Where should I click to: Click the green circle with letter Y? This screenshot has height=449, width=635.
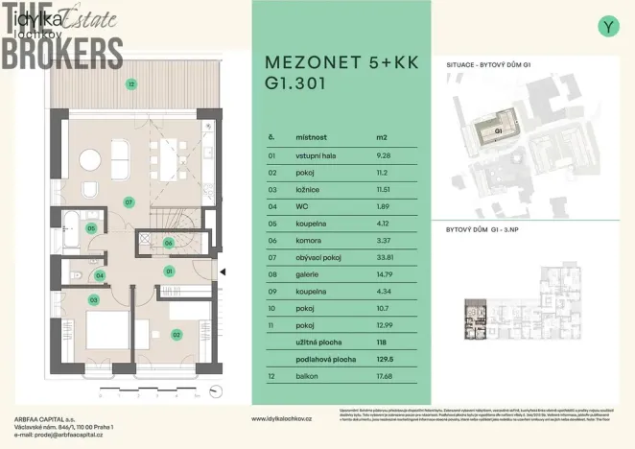click(608, 26)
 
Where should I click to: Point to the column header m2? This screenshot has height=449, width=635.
click(382, 137)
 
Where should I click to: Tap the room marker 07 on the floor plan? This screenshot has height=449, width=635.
click(128, 201)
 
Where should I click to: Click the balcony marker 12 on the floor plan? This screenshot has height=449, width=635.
click(129, 84)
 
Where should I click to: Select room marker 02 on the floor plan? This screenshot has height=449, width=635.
click(176, 334)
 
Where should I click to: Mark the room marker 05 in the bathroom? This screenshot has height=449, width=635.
click(91, 228)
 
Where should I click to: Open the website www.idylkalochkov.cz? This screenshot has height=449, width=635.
click(291, 419)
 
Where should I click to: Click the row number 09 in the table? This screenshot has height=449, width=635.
click(272, 291)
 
